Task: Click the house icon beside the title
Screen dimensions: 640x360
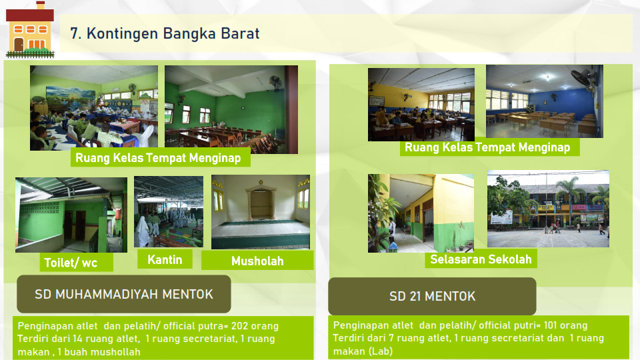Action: point(30,29)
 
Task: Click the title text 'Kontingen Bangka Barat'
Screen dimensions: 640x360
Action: point(173,33)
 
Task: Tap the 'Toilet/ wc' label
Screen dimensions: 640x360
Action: point(71,263)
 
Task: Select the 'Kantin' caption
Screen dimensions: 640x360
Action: point(165,259)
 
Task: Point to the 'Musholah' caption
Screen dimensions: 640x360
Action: point(257,261)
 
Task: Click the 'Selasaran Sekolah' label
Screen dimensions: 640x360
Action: point(481,259)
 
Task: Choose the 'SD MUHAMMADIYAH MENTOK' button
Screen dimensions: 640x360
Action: point(124,294)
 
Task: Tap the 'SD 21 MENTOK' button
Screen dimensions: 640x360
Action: point(432,296)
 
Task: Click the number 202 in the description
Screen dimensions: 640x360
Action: point(240,326)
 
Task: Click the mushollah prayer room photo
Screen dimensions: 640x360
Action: point(261,212)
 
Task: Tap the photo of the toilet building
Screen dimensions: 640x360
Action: point(71,215)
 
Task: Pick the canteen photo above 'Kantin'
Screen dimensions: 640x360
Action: point(169,211)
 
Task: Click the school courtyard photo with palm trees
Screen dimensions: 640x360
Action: point(548,209)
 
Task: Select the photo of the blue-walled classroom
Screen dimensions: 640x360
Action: point(545,101)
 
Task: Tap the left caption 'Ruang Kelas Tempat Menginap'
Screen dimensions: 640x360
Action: point(158,157)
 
